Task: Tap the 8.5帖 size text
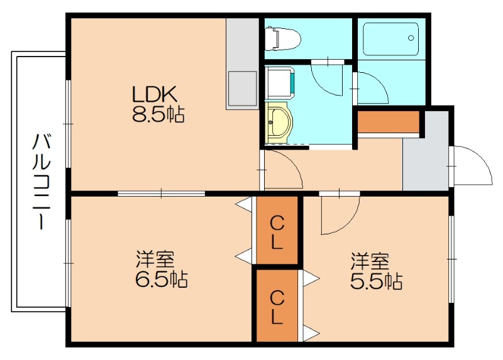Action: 158,114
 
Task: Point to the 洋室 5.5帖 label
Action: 376,270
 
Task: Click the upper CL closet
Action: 277,231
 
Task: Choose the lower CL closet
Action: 277,306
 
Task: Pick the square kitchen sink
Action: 243,88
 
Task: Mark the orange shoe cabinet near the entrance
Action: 388,122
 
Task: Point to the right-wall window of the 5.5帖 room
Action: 451,258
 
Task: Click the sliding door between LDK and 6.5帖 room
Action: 161,193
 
